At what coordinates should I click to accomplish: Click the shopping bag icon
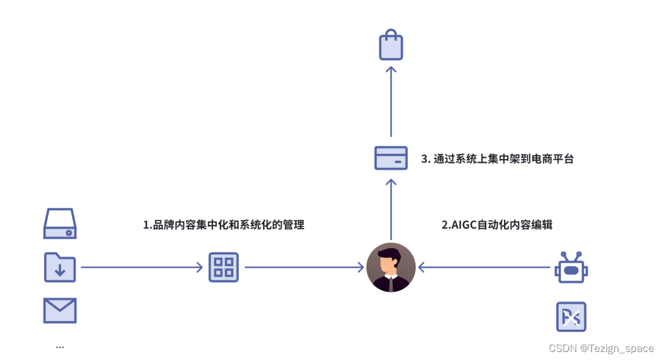(x=391, y=46)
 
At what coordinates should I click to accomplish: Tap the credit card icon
(x=391, y=158)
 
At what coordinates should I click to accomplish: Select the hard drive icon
(x=60, y=224)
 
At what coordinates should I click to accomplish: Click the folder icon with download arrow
(x=60, y=267)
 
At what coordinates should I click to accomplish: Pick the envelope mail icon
(x=60, y=310)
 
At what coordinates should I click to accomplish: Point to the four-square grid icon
(x=223, y=267)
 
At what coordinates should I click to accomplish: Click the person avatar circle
(x=391, y=267)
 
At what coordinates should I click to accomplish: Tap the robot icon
(x=571, y=267)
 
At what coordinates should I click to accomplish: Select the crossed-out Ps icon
(x=571, y=317)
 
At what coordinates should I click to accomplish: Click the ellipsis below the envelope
(x=60, y=347)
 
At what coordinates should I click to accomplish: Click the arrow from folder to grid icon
(x=142, y=267)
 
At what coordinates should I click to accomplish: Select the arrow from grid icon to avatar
(x=304, y=267)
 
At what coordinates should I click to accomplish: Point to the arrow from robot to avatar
(x=484, y=267)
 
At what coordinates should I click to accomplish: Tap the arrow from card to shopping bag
(x=391, y=101)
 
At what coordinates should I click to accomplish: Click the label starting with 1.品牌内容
(x=223, y=225)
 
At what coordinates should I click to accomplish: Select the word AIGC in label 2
(x=465, y=225)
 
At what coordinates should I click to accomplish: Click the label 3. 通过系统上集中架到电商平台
(x=497, y=158)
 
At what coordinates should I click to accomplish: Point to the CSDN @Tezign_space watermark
(x=601, y=348)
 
